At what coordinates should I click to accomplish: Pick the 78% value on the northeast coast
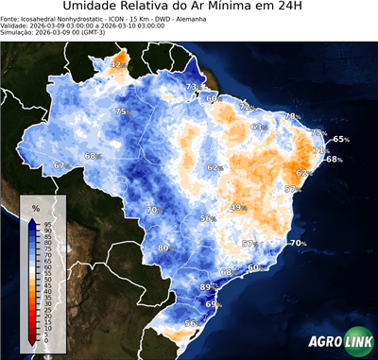tap(293, 117)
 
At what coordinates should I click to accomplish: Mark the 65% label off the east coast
tap(341, 140)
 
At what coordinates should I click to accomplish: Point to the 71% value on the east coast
tap(320, 150)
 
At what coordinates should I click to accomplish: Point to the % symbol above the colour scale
tap(35, 207)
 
